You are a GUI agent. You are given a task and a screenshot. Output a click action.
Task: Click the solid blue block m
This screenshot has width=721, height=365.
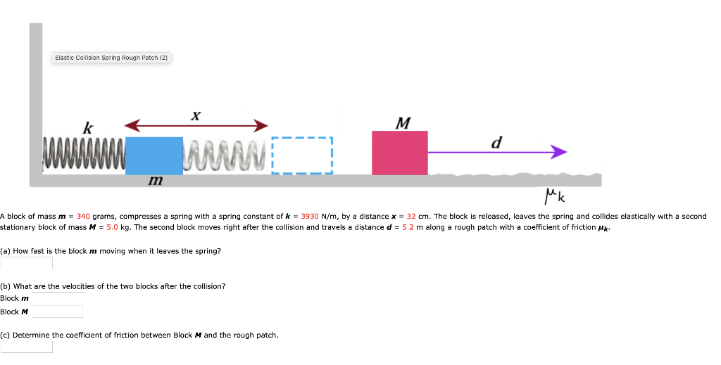pyautogui.click(x=153, y=155)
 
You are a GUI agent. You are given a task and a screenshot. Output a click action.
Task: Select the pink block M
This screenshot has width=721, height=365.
pyautogui.click(x=399, y=153)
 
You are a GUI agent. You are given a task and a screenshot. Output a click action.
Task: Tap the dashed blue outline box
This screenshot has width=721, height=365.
pyautogui.click(x=301, y=155)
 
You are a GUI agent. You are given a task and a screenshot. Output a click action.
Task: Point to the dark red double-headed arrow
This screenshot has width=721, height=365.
pyautogui.click(x=196, y=126)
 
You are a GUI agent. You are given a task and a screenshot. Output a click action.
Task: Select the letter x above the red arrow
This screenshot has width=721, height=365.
pyautogui.click(x=196, y=114)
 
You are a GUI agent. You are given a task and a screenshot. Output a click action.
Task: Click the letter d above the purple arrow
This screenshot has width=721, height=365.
pyautogui.click(x=497, y=141)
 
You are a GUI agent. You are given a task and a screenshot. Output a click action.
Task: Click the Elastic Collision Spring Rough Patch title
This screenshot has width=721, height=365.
pyautogui.click(x=112, y=58)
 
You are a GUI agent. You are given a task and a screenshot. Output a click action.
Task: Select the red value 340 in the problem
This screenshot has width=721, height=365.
pyautogui.click(x=83, y=217)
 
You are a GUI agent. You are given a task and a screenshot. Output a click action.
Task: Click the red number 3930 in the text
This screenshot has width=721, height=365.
pyautogui.click(x=311, y=217)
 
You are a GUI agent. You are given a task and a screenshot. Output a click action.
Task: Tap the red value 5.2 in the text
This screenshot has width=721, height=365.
pyautogui.click(x=408, y=228)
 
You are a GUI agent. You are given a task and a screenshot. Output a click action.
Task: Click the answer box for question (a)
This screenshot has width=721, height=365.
pyautogui.click(x=27, y=263)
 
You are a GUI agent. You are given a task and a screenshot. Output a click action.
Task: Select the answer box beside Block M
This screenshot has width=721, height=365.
pyautogui.click(x=56, y=312)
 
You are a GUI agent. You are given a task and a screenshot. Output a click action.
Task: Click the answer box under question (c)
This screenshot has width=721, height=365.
pyautogui.click(x=27, y=346)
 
